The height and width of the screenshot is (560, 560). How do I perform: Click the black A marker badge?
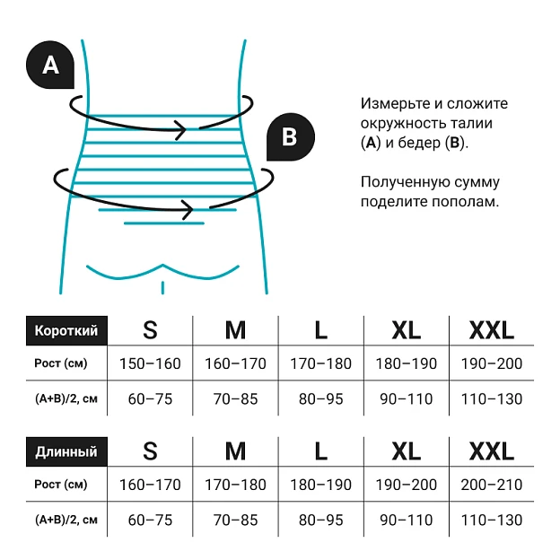(50, 65)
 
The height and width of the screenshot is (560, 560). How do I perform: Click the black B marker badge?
(291, 136)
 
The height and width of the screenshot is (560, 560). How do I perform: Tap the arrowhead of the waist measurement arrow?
(180, 129)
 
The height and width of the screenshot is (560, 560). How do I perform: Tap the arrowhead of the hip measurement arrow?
(188, 209)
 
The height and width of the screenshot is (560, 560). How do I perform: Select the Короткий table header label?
(66, 331)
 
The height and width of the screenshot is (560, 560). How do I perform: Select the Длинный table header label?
(66, 451)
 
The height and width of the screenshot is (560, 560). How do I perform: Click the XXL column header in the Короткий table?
(492, 330)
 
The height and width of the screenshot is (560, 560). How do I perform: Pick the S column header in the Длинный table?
(150, 451)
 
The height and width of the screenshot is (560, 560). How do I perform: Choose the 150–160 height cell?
(150, 363)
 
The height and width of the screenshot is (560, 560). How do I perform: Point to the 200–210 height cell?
(492, 485)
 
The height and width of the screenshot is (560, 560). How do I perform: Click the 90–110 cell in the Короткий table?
(407, 399)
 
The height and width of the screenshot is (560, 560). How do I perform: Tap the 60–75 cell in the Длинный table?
(150, 520)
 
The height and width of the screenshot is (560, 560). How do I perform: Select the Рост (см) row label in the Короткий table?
(61, 363)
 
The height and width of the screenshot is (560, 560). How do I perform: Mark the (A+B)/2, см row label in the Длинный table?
(66, 520)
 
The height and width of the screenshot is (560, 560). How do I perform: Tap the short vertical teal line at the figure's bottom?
(162, 288)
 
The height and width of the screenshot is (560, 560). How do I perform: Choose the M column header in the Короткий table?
(235, 330)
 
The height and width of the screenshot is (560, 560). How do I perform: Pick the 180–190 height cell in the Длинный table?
(320, 485)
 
